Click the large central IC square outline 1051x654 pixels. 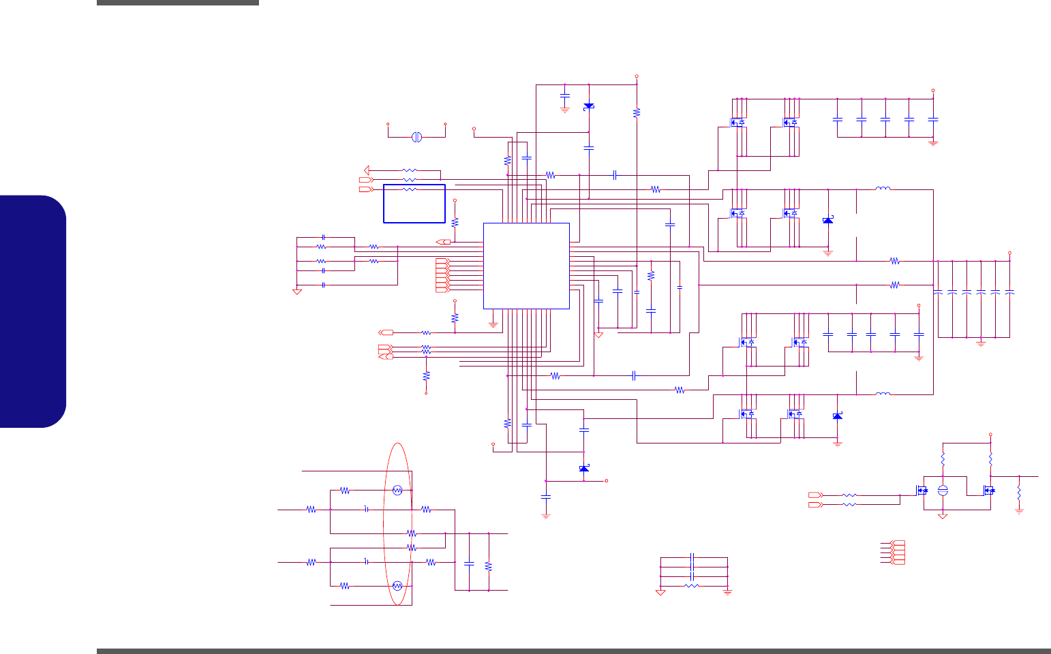(x=526, y=266)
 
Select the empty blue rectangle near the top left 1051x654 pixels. (x=414, y=203)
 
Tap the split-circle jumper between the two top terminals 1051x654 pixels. (x=417, y=137)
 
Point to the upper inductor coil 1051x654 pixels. (x=883, y=189)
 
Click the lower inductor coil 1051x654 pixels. (x=883, y=393)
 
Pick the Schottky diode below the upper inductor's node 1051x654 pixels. (x=828, y=220)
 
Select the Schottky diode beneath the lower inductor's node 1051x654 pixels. (x=838, y=416)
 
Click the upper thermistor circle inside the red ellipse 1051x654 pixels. (x=398, y=490)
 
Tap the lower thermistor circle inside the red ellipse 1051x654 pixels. (x=398, y=585)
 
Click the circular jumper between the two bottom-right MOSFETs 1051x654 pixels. (x=943, y=490)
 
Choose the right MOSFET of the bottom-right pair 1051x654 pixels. (x=989, y=490)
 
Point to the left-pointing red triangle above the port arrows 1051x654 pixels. (x=367, y=170)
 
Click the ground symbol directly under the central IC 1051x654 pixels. (x=493, y=324)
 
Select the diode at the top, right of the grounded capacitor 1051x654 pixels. (x=589, y=106)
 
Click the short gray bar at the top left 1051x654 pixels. (x=178, y=3)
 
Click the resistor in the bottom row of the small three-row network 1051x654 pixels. (x=692, y=585)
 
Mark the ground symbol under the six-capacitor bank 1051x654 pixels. (x=981, y=343)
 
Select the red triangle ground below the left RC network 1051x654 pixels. (x=297, y=292)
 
